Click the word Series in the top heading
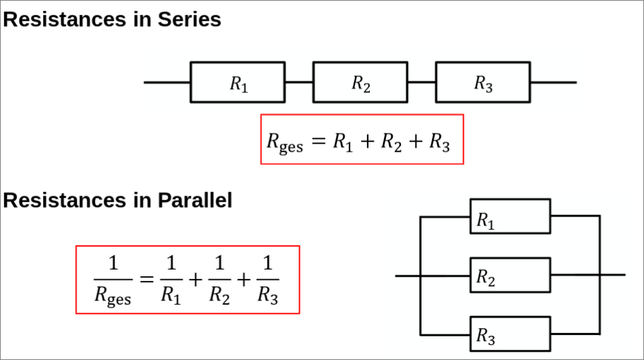pos(189,20)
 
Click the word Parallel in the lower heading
pos(195,200)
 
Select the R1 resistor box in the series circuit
pos(238,82)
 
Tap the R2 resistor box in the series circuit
pos(360,82)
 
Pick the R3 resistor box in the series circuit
pos(483,82)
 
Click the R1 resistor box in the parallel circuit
pos(510,216)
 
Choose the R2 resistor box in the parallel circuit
pos(510,275)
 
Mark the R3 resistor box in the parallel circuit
pos(510,334)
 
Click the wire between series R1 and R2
pos(299,82)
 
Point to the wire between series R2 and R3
pos(422,82)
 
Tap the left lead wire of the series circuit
pos(167,82)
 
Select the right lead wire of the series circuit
pos(554,82)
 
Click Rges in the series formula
pos(285,142)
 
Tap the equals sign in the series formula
pos(319,141)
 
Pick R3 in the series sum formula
pos(439,142)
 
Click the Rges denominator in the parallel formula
pos(112,295)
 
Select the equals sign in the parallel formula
pos(147,280)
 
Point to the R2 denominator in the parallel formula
pos(220,295)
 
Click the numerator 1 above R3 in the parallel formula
pos(267,263)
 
